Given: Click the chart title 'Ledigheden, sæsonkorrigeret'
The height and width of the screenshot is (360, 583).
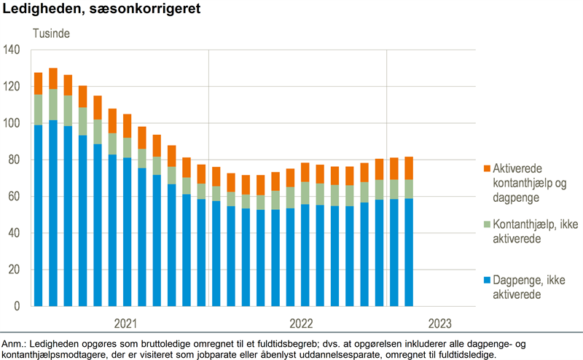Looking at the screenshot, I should pyautogui.click(x=102, y=10).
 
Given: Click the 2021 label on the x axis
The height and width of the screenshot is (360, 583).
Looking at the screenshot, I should pyautogui.click(x=125, y=324).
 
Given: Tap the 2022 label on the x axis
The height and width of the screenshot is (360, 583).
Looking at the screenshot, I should pyautogui.click(x=302, y=324).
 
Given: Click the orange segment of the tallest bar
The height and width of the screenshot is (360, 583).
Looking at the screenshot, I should pyautogui.click(x=53, y=79).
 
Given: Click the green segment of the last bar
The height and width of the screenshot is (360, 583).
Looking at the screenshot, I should pyautogui.click(x=409, y=189).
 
